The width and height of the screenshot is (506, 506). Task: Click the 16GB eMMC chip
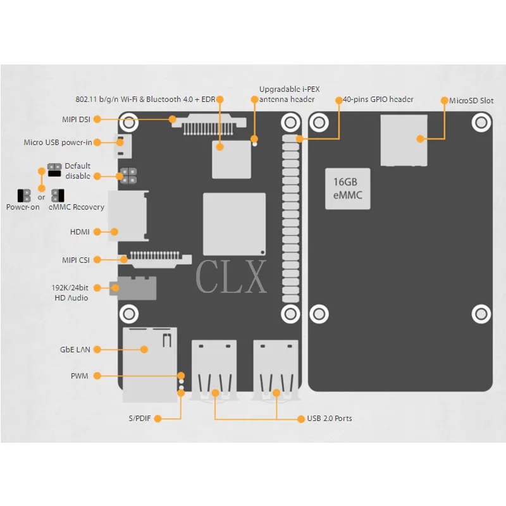pyautogui.click(x=347, y=188)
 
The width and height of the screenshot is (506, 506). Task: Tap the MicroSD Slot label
pyautogui.click(x=471, y=101)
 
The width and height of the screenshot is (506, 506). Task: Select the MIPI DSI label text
pyautogui.click(x=76, y=120)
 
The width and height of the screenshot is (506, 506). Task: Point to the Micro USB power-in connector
pyautogui.click(x=123, y=146)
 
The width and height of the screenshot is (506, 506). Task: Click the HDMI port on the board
pyautogui.click(x=128, y=216)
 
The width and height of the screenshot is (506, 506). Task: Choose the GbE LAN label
pyautogui.click(x=75, y=350)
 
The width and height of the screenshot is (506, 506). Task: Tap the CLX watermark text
pyautogui.click(x=231, y=276)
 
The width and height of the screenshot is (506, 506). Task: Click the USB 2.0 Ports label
pyautogui.click(x=330, y=418)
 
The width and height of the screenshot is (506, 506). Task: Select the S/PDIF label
pyautogui.click(x=140, y=418)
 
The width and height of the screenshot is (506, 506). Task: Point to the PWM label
pyautogui.click(x=80, y=376)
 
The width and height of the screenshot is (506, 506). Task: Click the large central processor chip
pyautogui.click(x=234, y=225)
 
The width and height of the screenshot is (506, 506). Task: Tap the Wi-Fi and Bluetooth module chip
pyautogui.click(x=231, y=159)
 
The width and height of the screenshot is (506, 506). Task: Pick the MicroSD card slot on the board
pyautogui.click(x=404, y=140)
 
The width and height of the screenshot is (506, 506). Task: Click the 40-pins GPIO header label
pyautogui.click(x=378, y=99)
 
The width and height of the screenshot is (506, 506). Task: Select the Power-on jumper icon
pyautogui.click(x=24, y=195)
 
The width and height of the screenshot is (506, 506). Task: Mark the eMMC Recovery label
pyautogui.click(x=77, y=207)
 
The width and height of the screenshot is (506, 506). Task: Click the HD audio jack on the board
pyautogui.click(x=133, y=288)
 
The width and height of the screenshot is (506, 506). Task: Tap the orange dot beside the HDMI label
pyautogui.click(x=97, y=231)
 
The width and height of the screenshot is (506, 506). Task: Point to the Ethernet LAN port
pyautogui.click(x=150, y=365)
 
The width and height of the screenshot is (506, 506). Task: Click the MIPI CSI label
pyautogui.click(x=76, y=260)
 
